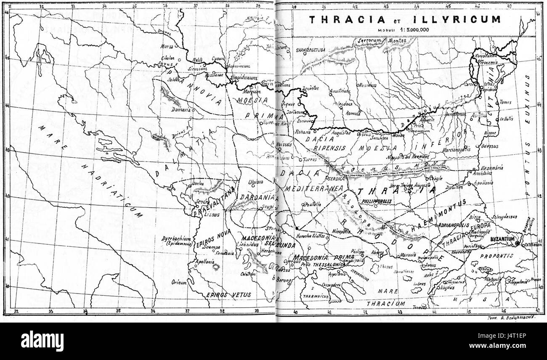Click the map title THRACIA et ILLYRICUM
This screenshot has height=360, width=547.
(x=404, y=19)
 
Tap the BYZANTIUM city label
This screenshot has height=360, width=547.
(x=502, y=239)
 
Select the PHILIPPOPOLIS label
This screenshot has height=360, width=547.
(x=374, y=201)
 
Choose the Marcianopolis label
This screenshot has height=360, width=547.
(x=458, y=150)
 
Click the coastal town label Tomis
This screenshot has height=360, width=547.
(x=505, y=102)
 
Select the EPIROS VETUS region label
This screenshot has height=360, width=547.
(x=223, y=295)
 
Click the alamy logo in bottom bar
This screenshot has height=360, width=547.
(x=42, y=341)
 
